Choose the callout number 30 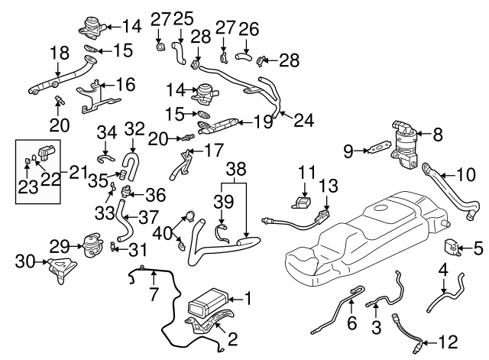pos(23,262)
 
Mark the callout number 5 pos(478,247)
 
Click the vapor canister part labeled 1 pos(205,301)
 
